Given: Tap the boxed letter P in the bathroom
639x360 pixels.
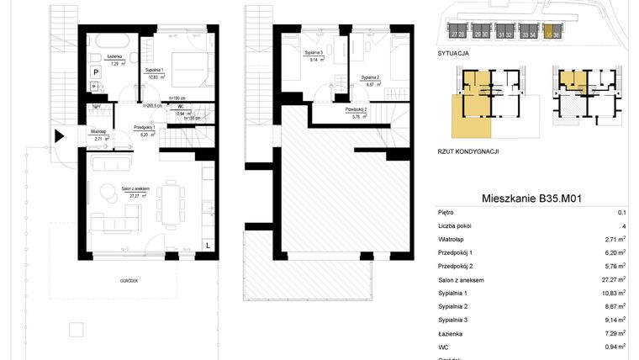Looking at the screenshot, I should click(96, 73).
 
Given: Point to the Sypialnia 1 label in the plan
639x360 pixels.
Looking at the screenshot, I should click(156, 71).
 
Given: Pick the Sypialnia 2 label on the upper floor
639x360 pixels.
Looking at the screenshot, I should click(373, 77).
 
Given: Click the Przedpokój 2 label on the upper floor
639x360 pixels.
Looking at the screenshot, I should click(355, 110).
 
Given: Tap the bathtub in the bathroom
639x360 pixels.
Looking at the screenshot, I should click(110, 40).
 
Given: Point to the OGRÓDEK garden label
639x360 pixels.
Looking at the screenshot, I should click(128, 281).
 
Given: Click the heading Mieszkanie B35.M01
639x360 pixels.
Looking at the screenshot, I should click(532, 199).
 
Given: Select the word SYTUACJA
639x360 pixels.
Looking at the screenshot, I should click(453, 52).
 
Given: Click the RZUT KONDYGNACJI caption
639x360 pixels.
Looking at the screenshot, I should click(469, 151).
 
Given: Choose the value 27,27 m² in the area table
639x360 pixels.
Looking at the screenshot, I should click(615, 279).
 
